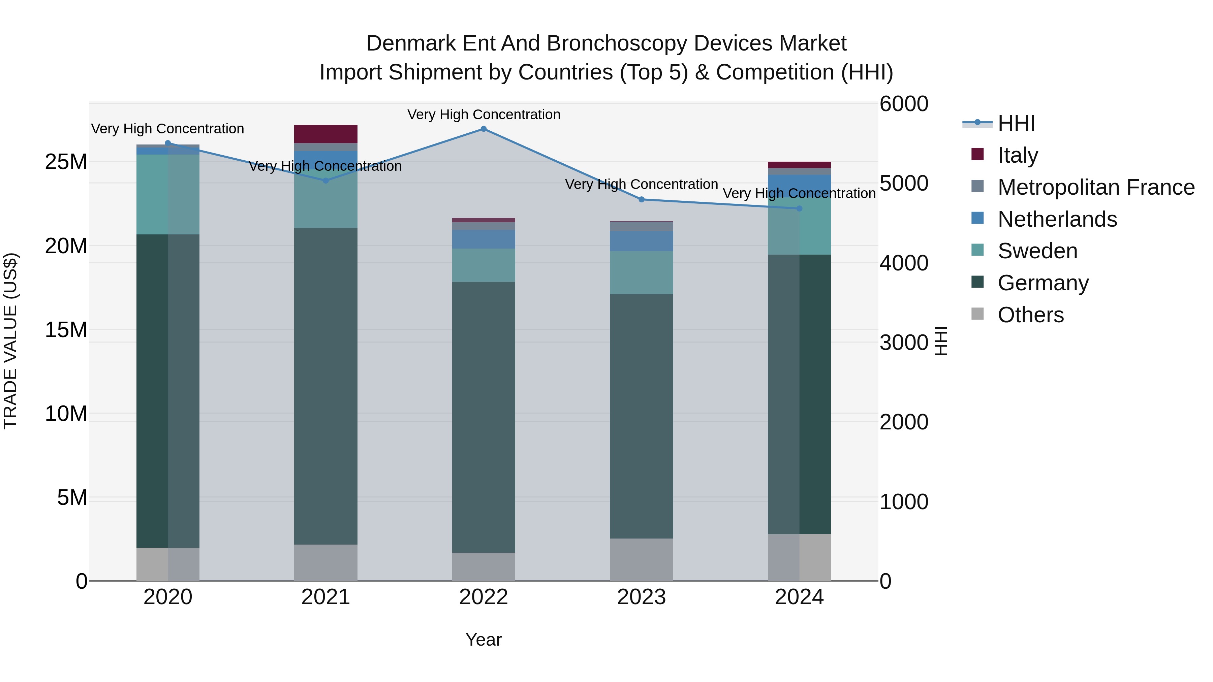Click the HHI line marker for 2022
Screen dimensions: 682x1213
tap(484, 129)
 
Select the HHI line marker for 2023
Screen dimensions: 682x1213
tap(641, 200)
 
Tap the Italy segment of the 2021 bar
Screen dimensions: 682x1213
tap(326, 134)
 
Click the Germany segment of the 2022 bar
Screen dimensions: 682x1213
tap(484, 418)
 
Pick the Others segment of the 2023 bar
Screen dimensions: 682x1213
tap(641, 560)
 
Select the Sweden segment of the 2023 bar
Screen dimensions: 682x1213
tap(641, 273)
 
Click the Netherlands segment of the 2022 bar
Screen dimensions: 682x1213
tap(484, 239)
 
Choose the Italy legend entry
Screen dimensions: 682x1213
tap(1018, 155)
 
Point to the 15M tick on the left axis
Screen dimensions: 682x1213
tap(66, 330)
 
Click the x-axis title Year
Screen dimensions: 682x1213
tap(484, 640)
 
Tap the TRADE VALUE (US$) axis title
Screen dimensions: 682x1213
tap(11, 341)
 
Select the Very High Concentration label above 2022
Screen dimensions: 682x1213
tap(484, 115)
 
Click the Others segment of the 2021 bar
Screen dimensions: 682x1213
tap(326, 563)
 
